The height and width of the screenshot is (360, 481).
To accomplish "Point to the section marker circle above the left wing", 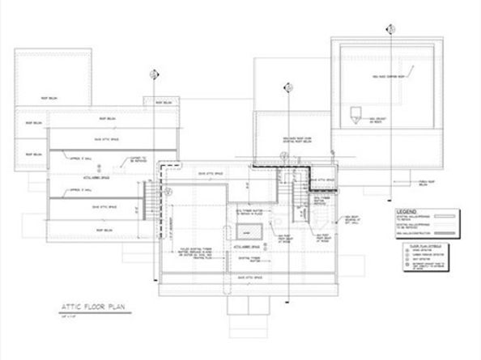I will [153, 75].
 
